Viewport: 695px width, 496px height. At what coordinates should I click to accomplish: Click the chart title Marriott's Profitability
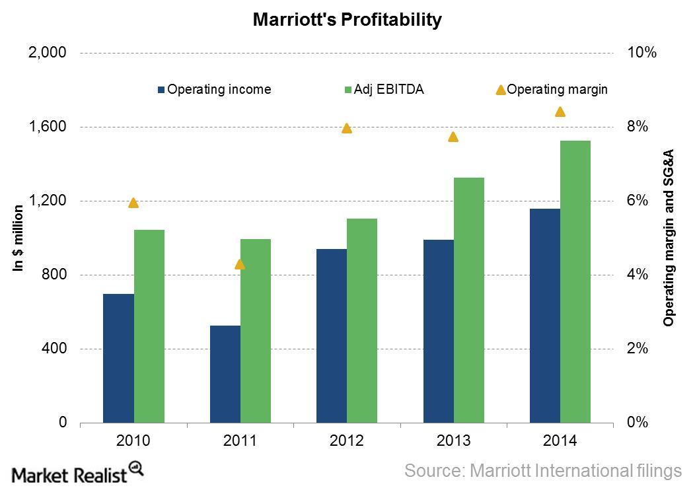coord(347,20)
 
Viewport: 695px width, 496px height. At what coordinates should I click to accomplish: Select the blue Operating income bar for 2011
coord(225,374)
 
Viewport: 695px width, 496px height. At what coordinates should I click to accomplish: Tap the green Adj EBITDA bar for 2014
coord(575,281)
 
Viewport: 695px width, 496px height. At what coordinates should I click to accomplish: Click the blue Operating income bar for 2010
coord(118,358)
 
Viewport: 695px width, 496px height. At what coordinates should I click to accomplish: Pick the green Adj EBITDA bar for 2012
coord(362,320)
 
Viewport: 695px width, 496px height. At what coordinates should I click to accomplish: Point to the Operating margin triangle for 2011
coord(240,264)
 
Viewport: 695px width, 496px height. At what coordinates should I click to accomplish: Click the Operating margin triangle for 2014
coord(560,112)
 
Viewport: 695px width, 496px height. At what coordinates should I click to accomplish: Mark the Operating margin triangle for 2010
coord(133,203)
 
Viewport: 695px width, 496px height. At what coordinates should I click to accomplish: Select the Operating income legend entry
coord(214,89)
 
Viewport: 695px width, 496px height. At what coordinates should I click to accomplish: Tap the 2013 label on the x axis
coord(453,441)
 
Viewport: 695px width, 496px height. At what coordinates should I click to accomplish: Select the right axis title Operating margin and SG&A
coord(669,238)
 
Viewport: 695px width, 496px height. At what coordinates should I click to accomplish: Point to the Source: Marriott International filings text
coord(542,471)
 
